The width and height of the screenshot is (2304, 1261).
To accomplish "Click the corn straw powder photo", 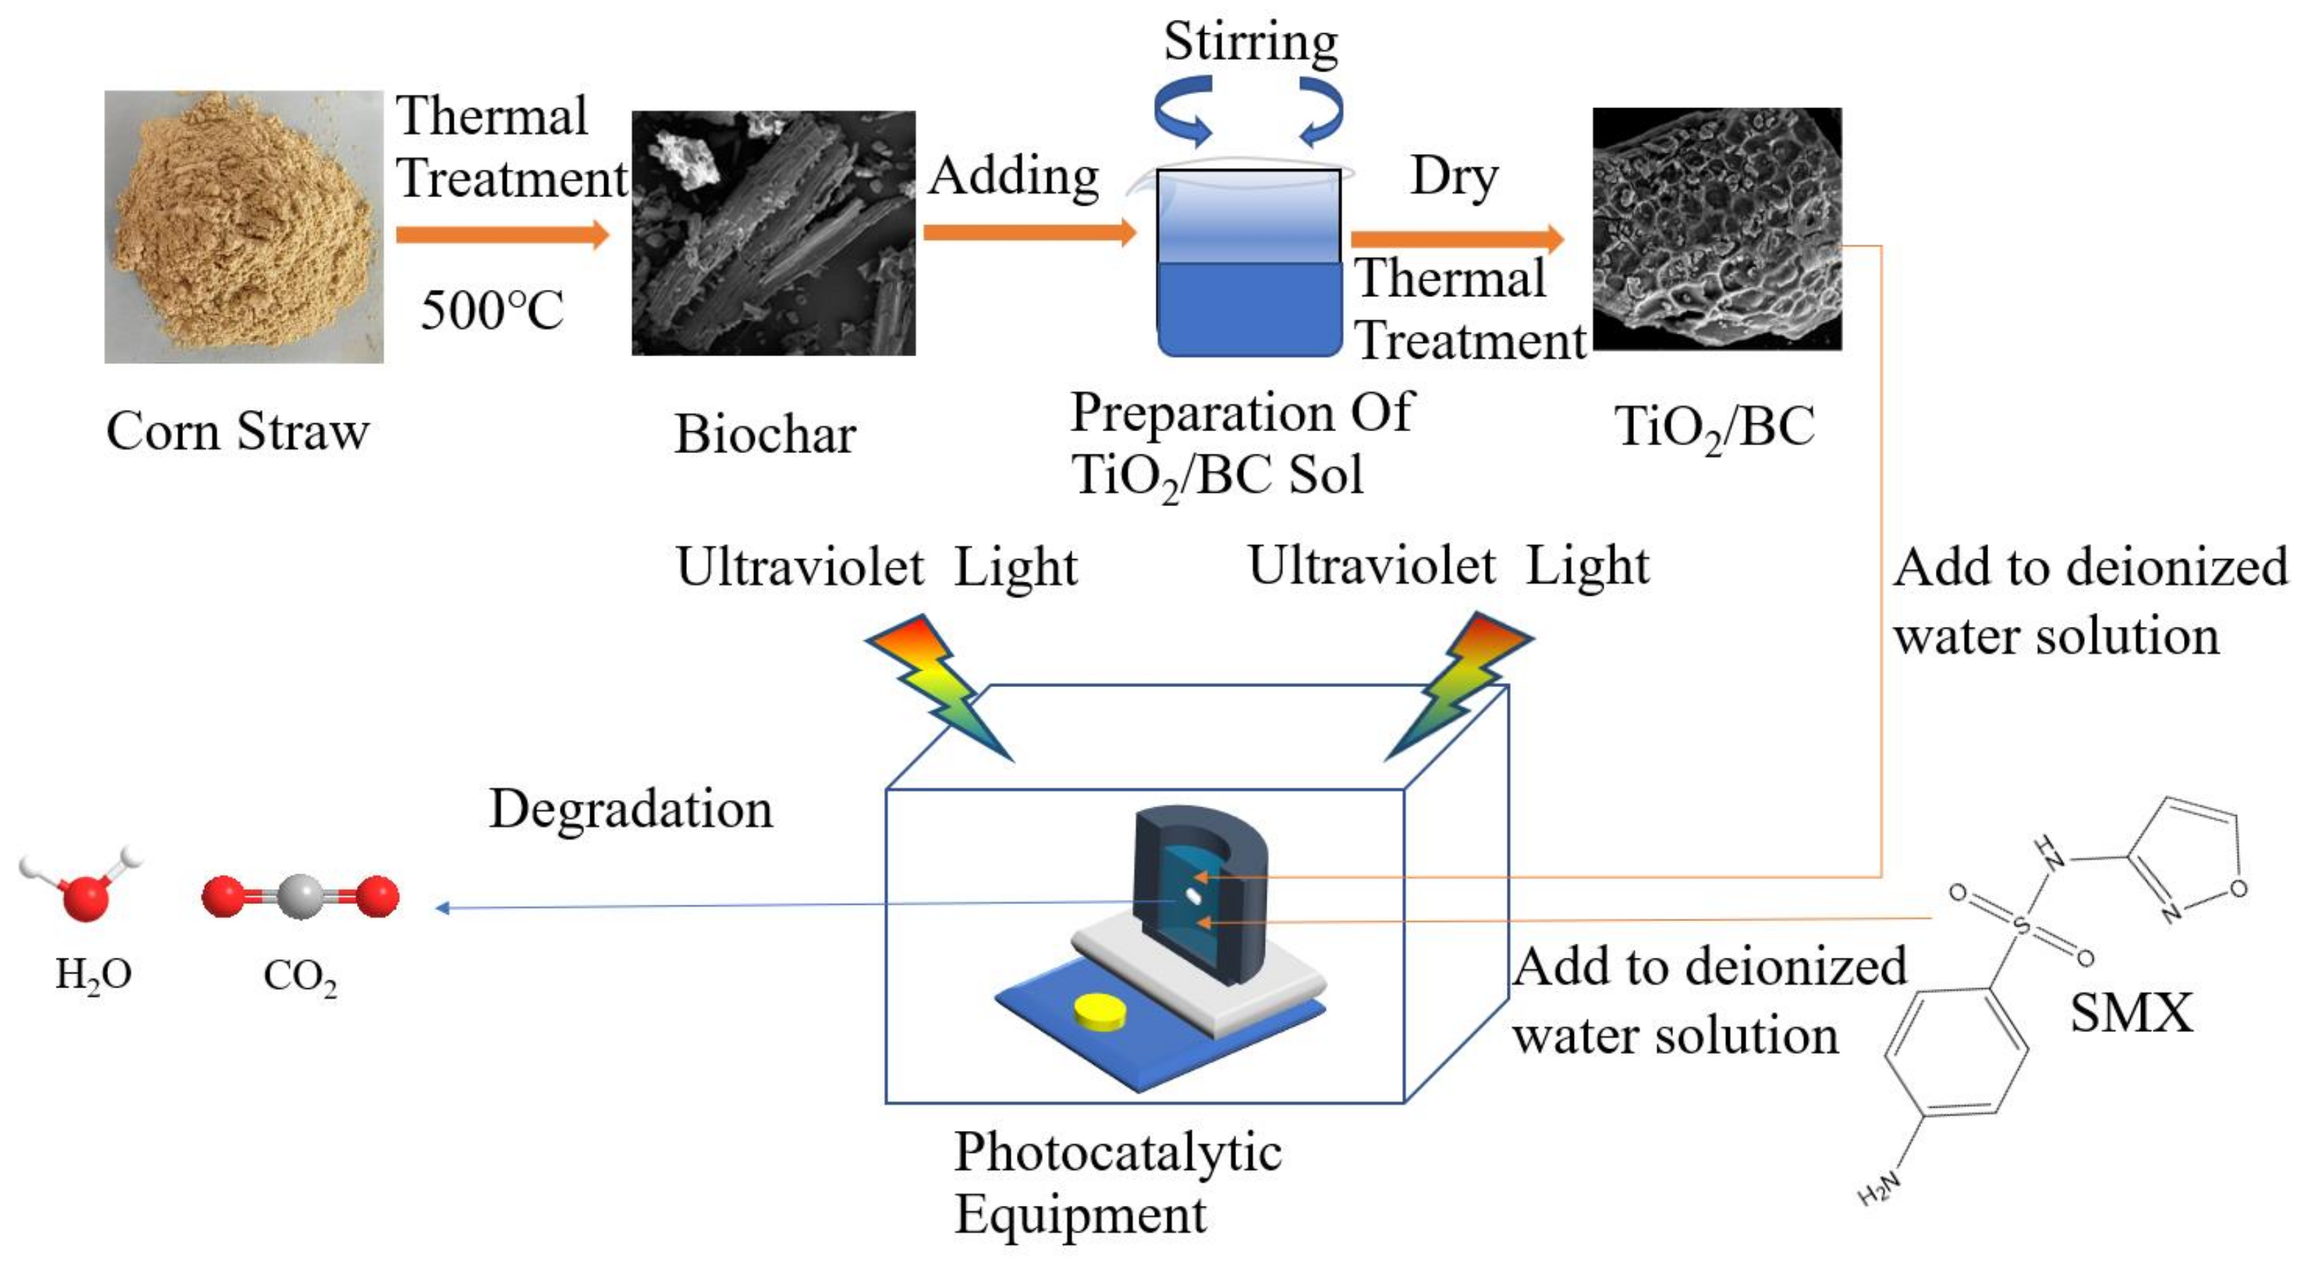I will pos(243,226).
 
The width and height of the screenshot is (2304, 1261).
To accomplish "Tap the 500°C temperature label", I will pos(492,310).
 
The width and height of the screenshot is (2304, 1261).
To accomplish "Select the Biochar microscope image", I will pos(774,233).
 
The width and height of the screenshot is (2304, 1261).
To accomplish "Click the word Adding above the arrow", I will pos(1013,175).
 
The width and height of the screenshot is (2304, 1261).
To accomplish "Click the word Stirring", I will pos(1250,41).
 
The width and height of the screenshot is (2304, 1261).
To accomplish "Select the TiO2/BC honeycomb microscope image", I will pos(1717,229).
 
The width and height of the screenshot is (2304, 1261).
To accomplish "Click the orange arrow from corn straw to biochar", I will pos(502,234).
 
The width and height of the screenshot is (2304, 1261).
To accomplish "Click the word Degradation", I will pos(630,809).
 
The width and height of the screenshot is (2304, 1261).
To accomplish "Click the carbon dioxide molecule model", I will pos(300,896).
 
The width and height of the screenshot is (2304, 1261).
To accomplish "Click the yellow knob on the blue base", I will pos(1100,1009).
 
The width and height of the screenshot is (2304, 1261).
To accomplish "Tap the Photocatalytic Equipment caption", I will pos(1118,1183).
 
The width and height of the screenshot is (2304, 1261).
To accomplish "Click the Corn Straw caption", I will pos(238,431).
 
